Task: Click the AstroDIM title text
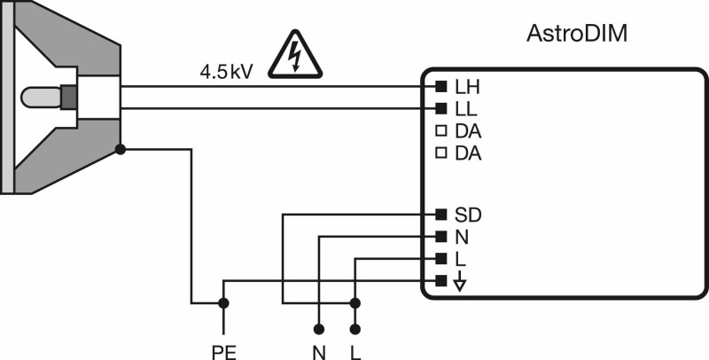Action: tap(577, 34)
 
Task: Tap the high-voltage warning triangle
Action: tap(295, 55)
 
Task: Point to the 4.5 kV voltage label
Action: tap(227, 72)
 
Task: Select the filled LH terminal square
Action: tap(440, 86)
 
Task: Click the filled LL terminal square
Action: tap(440, 108)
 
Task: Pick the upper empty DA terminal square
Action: tap(440, 131)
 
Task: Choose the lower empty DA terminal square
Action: tap(440, 153)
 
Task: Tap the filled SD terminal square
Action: tap(440, 214)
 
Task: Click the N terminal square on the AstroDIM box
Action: tap(440, 236)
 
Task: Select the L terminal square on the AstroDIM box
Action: tap(440, 258)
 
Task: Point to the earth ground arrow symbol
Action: tap(459, 281)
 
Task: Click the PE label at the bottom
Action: tap(224, 353)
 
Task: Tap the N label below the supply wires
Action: tap(319, 353)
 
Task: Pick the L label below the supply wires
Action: tap(356, 353)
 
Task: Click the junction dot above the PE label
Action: tap(223, 303)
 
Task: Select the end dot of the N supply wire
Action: tap(319, 329)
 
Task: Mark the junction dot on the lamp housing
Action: tap(121, 149)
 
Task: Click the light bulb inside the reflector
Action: tap(41, 97)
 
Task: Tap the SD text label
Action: tap(468, 215)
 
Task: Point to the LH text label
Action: tap(468, 88)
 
